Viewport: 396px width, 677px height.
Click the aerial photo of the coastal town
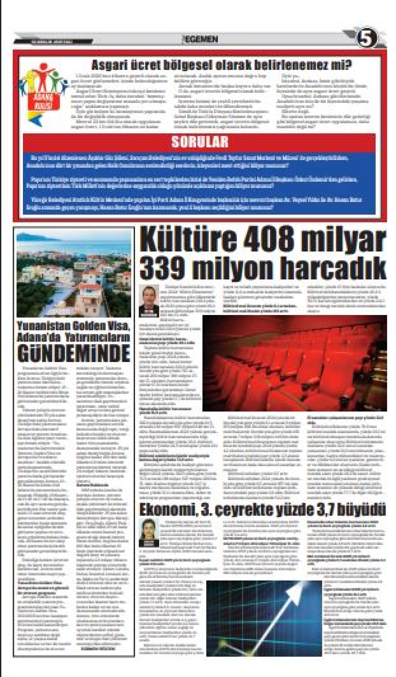[x=74, y=275]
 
